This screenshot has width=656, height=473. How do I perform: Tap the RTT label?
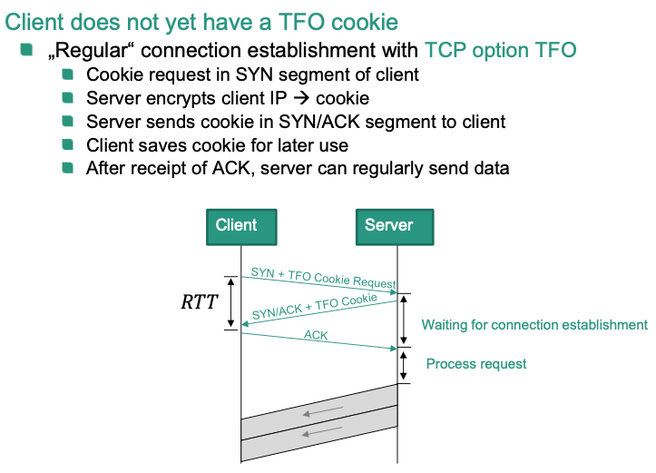tap(200, 302)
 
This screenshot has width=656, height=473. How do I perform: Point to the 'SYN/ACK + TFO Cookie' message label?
tap(315, 306)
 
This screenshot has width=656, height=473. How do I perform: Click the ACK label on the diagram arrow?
tap(316, 336)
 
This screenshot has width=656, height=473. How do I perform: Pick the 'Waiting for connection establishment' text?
tap(534, 325)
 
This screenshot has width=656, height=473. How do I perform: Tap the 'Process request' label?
tap(476, 364)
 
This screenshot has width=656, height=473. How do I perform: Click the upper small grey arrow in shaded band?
tap(322, 412)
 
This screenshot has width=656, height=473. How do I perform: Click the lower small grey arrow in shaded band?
tap(322, 433)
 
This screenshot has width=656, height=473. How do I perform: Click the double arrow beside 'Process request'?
tap(405, 365)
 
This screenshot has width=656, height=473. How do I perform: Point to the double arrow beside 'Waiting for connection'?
tap(405, 320)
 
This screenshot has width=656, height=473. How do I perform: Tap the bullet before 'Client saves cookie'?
tap(68, 144)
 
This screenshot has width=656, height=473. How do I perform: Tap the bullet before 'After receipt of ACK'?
tap(68, 168)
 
